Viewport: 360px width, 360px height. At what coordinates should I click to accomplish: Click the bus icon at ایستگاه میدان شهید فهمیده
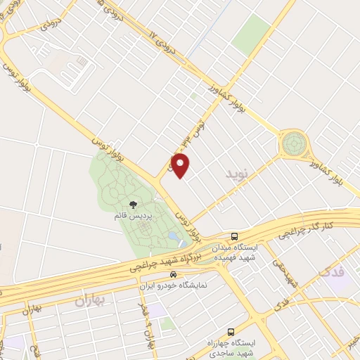tap(235, 236)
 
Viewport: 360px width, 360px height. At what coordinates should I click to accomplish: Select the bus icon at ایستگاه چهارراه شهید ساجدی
tap(230, 331)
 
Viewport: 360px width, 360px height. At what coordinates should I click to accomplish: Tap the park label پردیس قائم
tap(131, 215)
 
